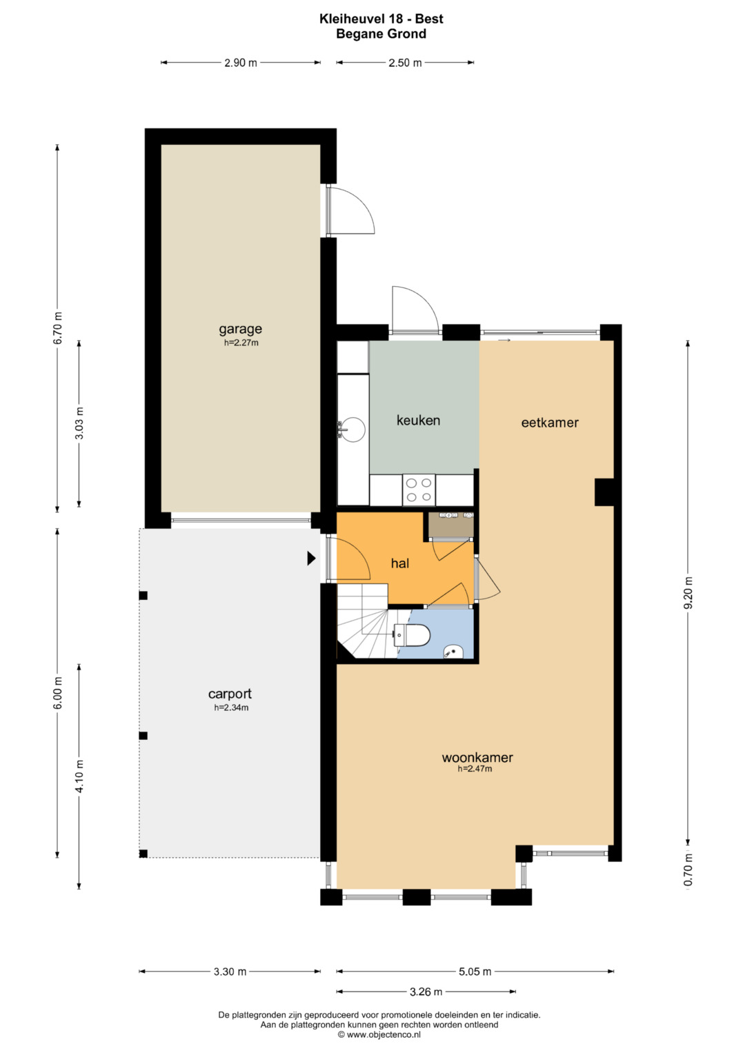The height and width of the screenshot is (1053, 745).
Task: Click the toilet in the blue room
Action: [412, 636]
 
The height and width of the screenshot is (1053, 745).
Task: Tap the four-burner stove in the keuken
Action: [419, 490]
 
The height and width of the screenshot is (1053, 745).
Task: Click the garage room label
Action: [240, 329]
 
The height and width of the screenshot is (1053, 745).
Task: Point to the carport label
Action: [230, 694]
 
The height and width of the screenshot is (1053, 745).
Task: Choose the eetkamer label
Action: [550, 422]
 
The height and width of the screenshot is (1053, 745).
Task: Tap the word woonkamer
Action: [477, 757]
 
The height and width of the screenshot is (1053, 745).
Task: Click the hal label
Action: [400, 563]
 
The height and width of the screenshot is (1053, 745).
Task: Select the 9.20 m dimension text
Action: [688, 592]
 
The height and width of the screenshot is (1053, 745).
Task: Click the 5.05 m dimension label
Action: [475, 971]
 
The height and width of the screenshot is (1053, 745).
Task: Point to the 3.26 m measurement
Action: [426, 992]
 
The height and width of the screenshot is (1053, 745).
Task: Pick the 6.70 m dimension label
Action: [57, 328]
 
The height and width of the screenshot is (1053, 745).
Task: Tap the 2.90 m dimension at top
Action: [241, 63]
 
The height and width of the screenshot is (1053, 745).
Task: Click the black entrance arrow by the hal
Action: [311, 558]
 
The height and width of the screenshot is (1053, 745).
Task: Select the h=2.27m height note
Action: [241, 343]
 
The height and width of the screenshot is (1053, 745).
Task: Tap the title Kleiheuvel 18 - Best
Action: [381, 19]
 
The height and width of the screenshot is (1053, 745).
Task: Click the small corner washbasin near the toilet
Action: [453, 652]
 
